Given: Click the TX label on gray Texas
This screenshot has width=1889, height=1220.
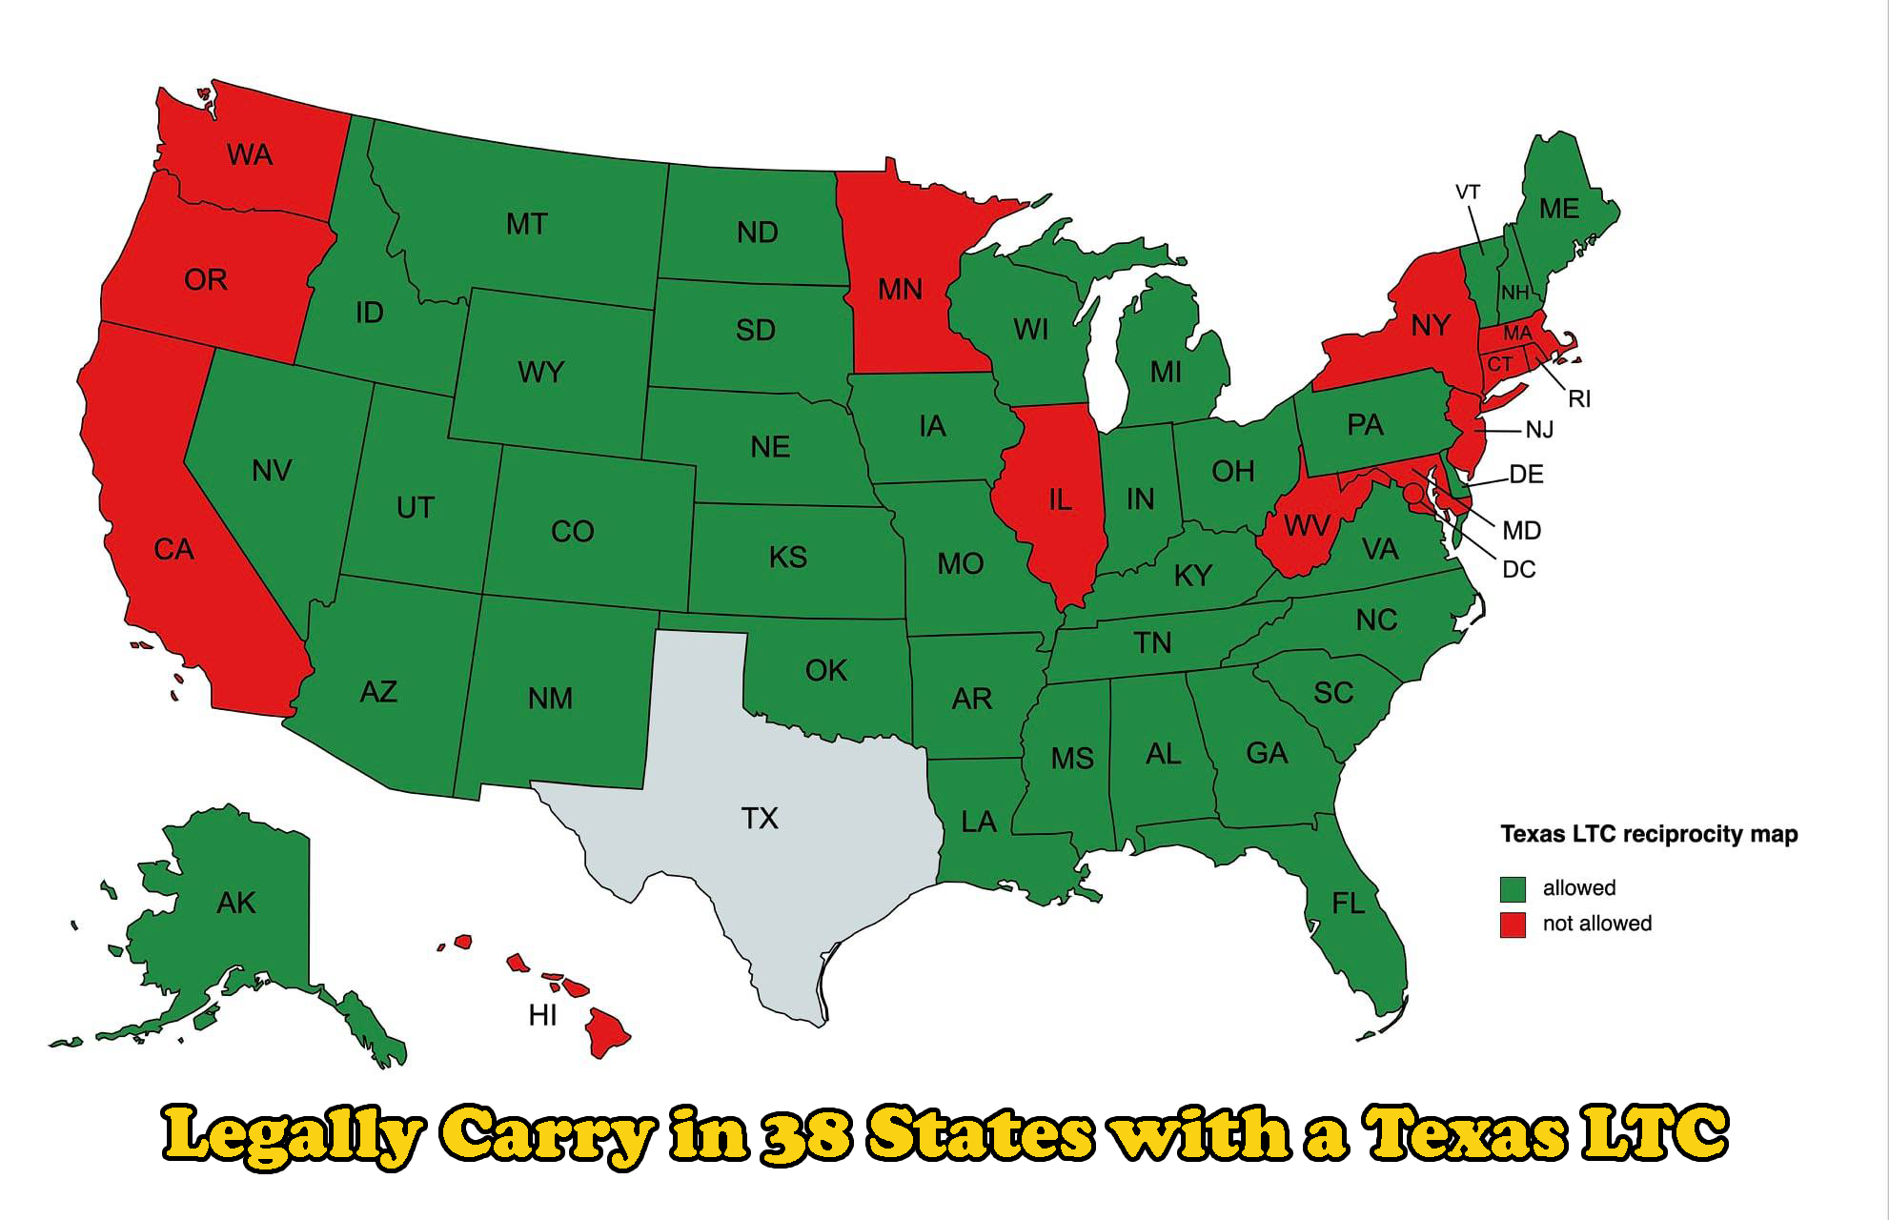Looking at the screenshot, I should (x=760, y=818).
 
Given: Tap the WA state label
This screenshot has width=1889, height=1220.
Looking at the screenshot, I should (x=250, y=154).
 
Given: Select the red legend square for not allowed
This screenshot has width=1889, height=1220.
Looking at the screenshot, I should (x=1513, y=925).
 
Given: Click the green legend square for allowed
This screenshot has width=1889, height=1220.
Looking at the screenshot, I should (x=1513, y=888).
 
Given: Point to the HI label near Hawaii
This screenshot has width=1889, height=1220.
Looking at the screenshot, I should (x=542, y=1016).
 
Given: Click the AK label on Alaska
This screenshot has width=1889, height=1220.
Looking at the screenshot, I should (x=235, y=903).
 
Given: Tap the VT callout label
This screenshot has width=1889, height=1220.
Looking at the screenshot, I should (x=1468, y=193).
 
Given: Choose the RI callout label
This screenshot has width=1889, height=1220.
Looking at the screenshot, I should (x=1579, y=399).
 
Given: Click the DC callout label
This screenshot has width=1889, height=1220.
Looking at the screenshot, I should (x=1518, y=570).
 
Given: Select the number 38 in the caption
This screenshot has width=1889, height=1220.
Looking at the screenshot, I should (x=805, y=1134).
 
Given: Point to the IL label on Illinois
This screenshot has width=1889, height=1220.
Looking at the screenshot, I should (x=1060, y=500).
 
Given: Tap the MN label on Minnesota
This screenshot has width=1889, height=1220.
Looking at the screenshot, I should (x=900, y=289).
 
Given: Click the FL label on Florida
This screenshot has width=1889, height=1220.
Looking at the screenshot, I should (x=1348, y=903).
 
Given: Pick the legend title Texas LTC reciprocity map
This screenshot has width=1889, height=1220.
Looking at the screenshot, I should (x=1648, y=835).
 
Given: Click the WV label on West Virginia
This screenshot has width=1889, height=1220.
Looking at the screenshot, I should (x=1306, y=526).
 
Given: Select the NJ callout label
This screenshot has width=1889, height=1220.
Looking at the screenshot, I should (x=1539, y=431).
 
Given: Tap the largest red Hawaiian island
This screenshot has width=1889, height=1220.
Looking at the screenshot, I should (x=606, y=1031).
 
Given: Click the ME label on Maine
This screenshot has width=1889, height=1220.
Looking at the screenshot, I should (x=1559, y=209).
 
